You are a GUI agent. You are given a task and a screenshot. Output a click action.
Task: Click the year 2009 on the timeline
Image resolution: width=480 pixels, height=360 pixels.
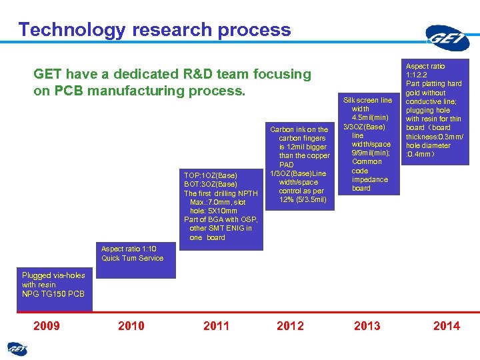tap(47, 325)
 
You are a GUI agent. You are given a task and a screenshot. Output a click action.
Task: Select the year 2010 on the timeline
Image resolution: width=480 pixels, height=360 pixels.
tap(131, 325)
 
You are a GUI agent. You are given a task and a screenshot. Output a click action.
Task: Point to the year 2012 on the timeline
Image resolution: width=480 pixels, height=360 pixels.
tap(290, 325)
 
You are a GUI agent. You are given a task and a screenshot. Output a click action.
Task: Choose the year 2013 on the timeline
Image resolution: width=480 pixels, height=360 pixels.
tap(367, 325)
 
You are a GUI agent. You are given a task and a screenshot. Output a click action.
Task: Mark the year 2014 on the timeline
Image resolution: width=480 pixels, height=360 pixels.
tap(446, 325)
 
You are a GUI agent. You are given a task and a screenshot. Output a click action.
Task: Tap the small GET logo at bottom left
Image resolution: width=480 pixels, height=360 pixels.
tap(17, 348)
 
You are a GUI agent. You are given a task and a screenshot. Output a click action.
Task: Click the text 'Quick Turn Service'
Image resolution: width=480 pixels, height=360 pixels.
tap(132, 258)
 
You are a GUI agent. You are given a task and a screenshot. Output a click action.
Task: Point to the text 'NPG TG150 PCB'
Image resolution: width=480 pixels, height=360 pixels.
tap(53, 293)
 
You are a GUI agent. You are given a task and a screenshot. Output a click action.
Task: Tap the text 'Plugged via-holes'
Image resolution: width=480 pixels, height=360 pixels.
tap(53, 275)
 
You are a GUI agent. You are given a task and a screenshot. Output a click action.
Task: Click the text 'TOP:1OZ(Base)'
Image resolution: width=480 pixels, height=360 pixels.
tap(210, 175)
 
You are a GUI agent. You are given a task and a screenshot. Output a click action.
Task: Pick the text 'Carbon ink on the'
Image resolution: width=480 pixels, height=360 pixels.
tap(299, 129)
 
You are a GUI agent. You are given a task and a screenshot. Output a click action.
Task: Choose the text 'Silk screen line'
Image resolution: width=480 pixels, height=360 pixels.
tap(367, 100)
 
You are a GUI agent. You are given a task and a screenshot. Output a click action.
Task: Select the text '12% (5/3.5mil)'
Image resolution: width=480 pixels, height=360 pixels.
tap(303, 199)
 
